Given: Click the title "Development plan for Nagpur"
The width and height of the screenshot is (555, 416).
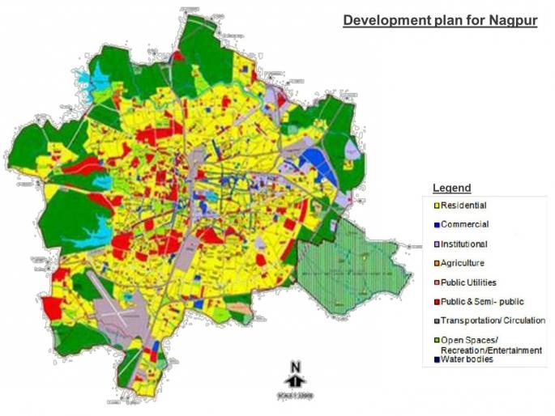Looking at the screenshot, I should (440, 20).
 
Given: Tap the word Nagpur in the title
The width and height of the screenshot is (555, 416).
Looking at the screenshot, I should (510, 20).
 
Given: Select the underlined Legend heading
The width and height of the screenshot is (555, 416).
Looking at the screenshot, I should (451, 188).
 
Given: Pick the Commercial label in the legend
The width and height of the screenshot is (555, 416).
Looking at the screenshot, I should (464, 224).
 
